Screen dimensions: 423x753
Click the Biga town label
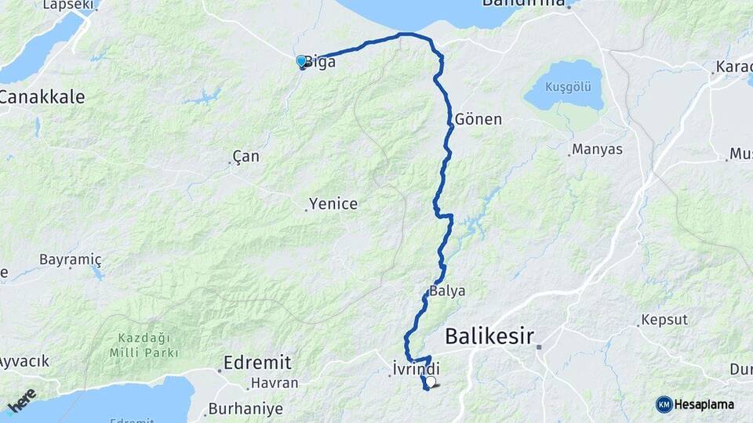click(321, 61)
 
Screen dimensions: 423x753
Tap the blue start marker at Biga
click(301, 61)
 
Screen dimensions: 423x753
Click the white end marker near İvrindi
click(431, 381)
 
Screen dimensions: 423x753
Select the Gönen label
click(478, 120)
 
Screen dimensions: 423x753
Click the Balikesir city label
click(489, 337)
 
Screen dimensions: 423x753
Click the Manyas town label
click(598, 149)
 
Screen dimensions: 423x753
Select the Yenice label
click(333, 204)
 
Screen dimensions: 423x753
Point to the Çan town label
click(246, 157)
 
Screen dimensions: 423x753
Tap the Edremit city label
click(257, 363)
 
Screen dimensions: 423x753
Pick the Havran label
click(274, 384)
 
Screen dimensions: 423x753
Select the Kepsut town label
click(664, 320)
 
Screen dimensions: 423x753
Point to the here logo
click(22, 400)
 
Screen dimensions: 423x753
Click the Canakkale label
click(42, 98)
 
